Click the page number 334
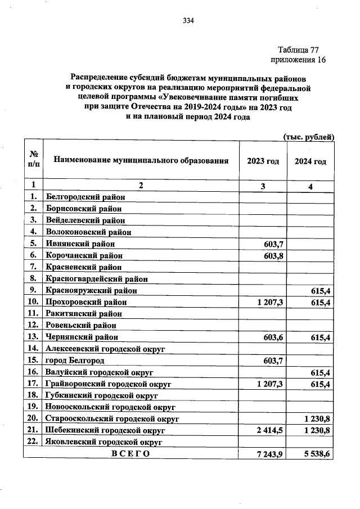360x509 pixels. pos(188,21)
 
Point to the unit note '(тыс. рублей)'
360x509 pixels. pos(308,137)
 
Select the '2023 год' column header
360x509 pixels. pos(263,161)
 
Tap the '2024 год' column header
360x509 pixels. pos(310,161)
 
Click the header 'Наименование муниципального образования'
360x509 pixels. pos(141,161)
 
